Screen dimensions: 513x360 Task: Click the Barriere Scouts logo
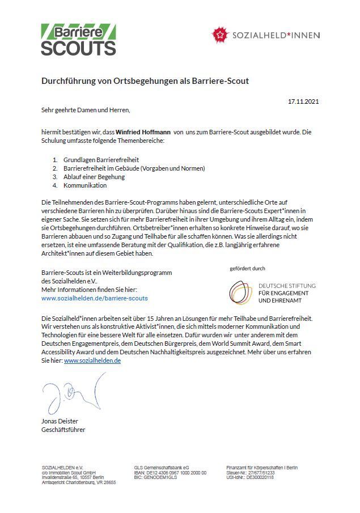click(x=78, y=39)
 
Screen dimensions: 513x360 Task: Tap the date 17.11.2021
click(x=303, y=101)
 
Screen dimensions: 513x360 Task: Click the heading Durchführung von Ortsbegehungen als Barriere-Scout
click(x=145, y=81)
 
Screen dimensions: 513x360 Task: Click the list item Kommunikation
click(x=85, y=185)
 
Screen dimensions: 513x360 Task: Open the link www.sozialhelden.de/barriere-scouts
click(x=94, y=297)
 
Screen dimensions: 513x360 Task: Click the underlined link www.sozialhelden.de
click(x=92, y=360)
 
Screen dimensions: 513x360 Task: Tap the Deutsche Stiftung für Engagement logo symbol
click(x=242, y=291)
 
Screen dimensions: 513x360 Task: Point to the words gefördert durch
click(x=247, y=268)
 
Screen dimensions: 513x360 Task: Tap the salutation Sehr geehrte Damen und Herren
click(x=86, y=109)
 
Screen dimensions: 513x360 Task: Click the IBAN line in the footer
click(x=170, y=472)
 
